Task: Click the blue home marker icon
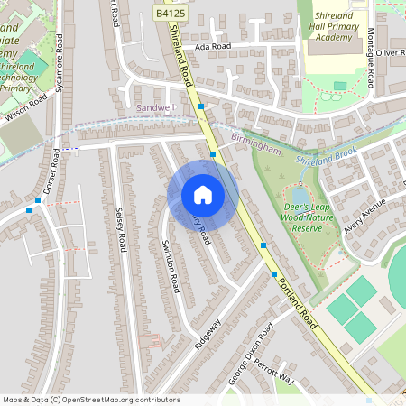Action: click(x=203, y=195)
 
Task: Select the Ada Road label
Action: click(x=213, y=46)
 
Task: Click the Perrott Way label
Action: click(x=274, y=372)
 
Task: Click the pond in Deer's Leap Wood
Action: click(x=300, y=195)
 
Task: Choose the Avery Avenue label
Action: click(x=364, y=216)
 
